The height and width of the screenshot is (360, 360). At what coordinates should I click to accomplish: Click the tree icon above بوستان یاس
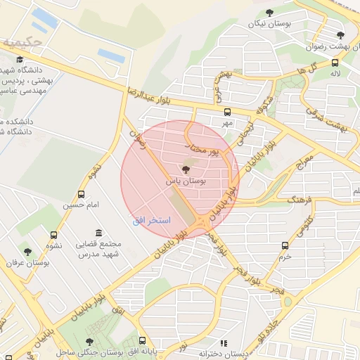tap(186, 169)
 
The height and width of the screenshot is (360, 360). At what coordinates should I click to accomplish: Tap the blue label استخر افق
tap(152, 220)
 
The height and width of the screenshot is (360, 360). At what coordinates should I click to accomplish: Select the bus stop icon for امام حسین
tap(82, 194)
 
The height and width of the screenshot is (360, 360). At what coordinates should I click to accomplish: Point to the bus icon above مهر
tap(226, 112)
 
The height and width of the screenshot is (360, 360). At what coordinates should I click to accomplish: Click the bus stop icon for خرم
tap(285, 245)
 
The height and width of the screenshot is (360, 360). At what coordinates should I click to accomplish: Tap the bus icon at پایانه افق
tap(143, 340)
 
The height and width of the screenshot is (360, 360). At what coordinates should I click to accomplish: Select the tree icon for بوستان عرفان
tap(27, 252)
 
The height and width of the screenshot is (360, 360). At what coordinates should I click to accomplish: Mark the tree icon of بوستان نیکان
tap(269, 12)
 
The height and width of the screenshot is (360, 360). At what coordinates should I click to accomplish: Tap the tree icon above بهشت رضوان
tap(341, 35)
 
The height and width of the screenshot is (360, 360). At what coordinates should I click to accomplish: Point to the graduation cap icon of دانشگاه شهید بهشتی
tap(20, 60)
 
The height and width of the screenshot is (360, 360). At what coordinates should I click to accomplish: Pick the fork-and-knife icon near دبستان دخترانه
tap(224, 343)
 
